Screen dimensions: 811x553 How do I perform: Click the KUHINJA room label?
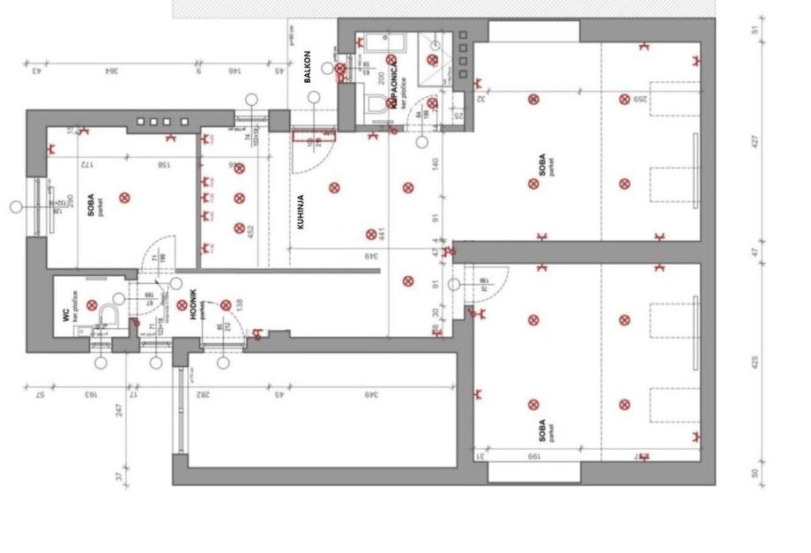300,212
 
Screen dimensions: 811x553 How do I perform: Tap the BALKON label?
307,69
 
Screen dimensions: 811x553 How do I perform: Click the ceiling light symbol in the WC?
92,304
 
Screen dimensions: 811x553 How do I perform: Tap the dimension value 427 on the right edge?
755,141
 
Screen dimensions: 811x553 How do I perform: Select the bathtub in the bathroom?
380,44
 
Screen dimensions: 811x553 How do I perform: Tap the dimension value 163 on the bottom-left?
90,394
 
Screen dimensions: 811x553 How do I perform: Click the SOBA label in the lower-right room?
541,430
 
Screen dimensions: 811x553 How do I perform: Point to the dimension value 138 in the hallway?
239,306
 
